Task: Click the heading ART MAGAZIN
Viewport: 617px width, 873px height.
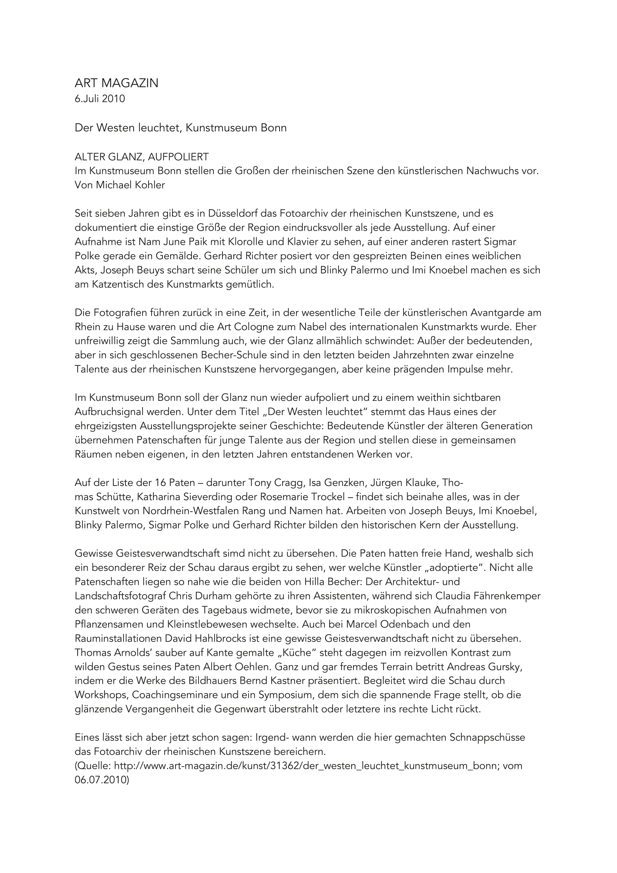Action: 116,83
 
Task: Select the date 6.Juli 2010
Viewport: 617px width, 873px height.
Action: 100,99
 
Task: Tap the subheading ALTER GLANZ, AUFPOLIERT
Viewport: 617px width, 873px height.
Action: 141,157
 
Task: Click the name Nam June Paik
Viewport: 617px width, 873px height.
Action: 174,242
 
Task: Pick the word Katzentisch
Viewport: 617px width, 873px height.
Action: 117,284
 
